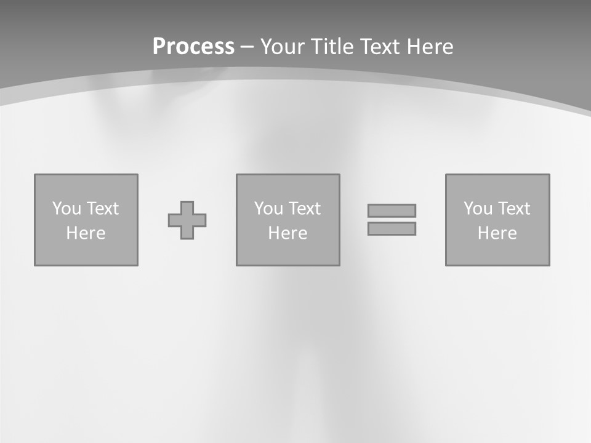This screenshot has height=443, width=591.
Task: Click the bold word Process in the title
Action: [193, 47]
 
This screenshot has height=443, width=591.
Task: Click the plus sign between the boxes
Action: [187, 220]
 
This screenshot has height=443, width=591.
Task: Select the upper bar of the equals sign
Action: [392, 210]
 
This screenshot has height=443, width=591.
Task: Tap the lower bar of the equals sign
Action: [392, 228]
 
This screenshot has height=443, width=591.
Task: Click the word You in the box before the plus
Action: [66, 209]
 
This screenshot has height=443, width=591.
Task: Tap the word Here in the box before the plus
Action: [86, 233]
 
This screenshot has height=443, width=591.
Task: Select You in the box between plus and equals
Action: [268, 209]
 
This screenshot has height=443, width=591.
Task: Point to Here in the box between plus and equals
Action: [288, 233]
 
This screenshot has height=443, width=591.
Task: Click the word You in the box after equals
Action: [478, 209]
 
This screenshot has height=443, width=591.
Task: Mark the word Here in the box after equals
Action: [497, 233]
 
